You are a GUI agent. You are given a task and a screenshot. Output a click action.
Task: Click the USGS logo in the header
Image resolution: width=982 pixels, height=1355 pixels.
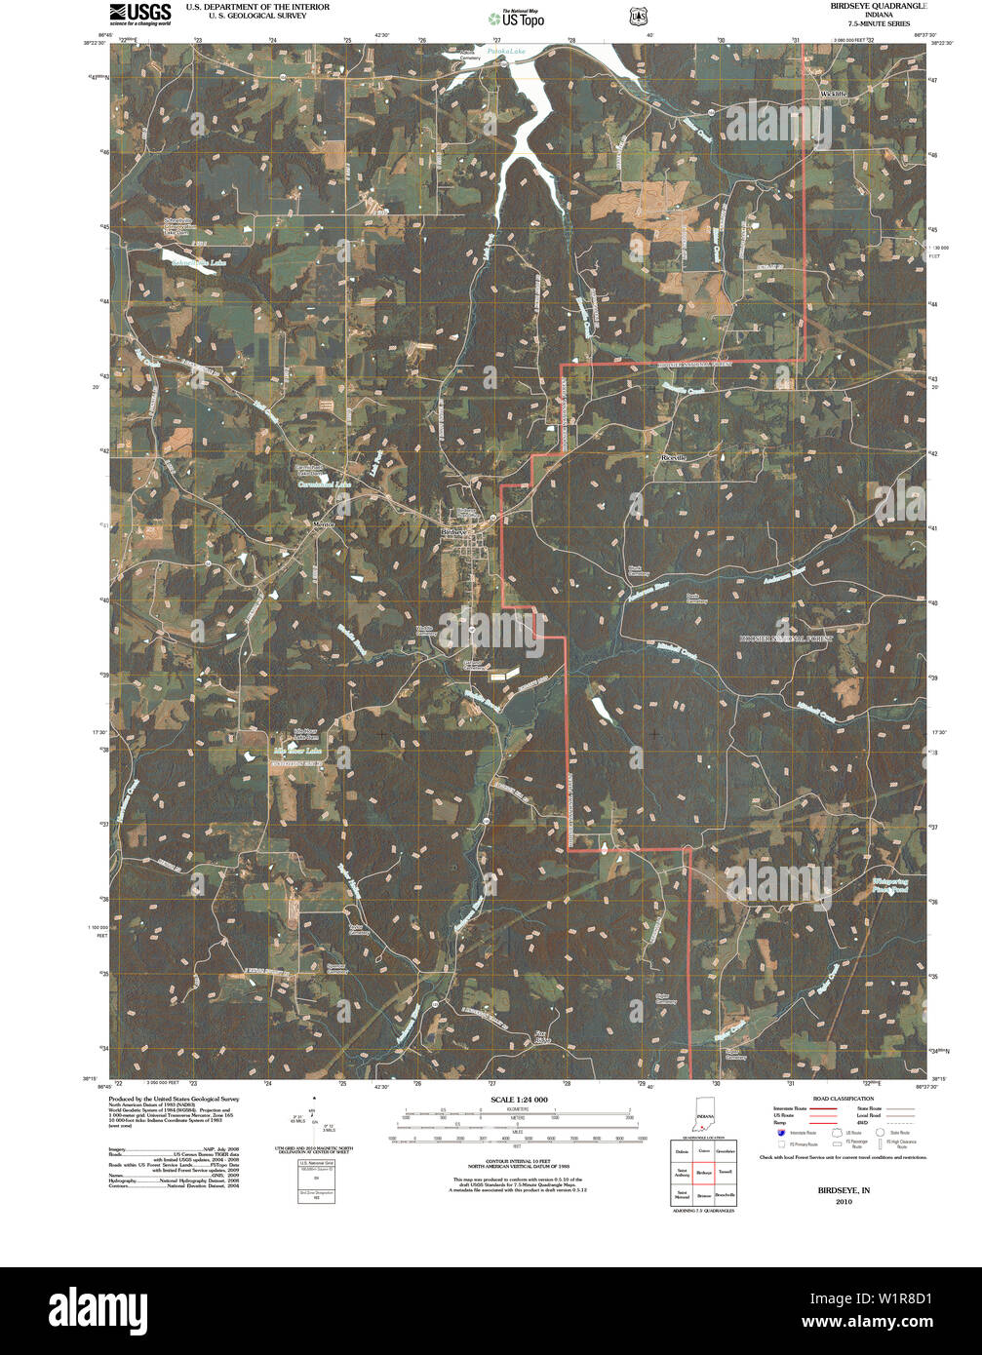pyautogui.click(x=139, y=13)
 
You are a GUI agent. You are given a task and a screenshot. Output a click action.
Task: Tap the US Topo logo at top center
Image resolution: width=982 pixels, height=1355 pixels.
pyautogui.click(x=517, y=17)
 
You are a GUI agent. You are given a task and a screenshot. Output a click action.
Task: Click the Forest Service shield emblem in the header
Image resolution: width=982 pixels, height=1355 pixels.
pyautogui.click(x=638, y=16)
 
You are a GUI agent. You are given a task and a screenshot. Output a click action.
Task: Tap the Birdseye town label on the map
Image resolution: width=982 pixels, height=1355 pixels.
pyautogui.click(x=455, y=532)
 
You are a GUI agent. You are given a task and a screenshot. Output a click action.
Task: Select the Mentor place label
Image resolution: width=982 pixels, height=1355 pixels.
pyautogui.click(x=323, y=524)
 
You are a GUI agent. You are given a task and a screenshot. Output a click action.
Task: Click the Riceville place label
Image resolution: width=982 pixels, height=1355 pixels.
pyautogui.click(x=674, y=456)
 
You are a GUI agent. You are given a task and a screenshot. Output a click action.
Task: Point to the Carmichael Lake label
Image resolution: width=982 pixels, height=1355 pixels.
pyautogui.click(x=323, y=484)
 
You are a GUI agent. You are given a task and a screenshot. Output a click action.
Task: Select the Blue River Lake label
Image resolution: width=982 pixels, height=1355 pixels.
pyautogui.click(x=296, y=752)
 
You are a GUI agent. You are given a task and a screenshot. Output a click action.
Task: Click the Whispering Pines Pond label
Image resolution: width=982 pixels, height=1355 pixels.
pyautogui.click(x=886, y=886)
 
